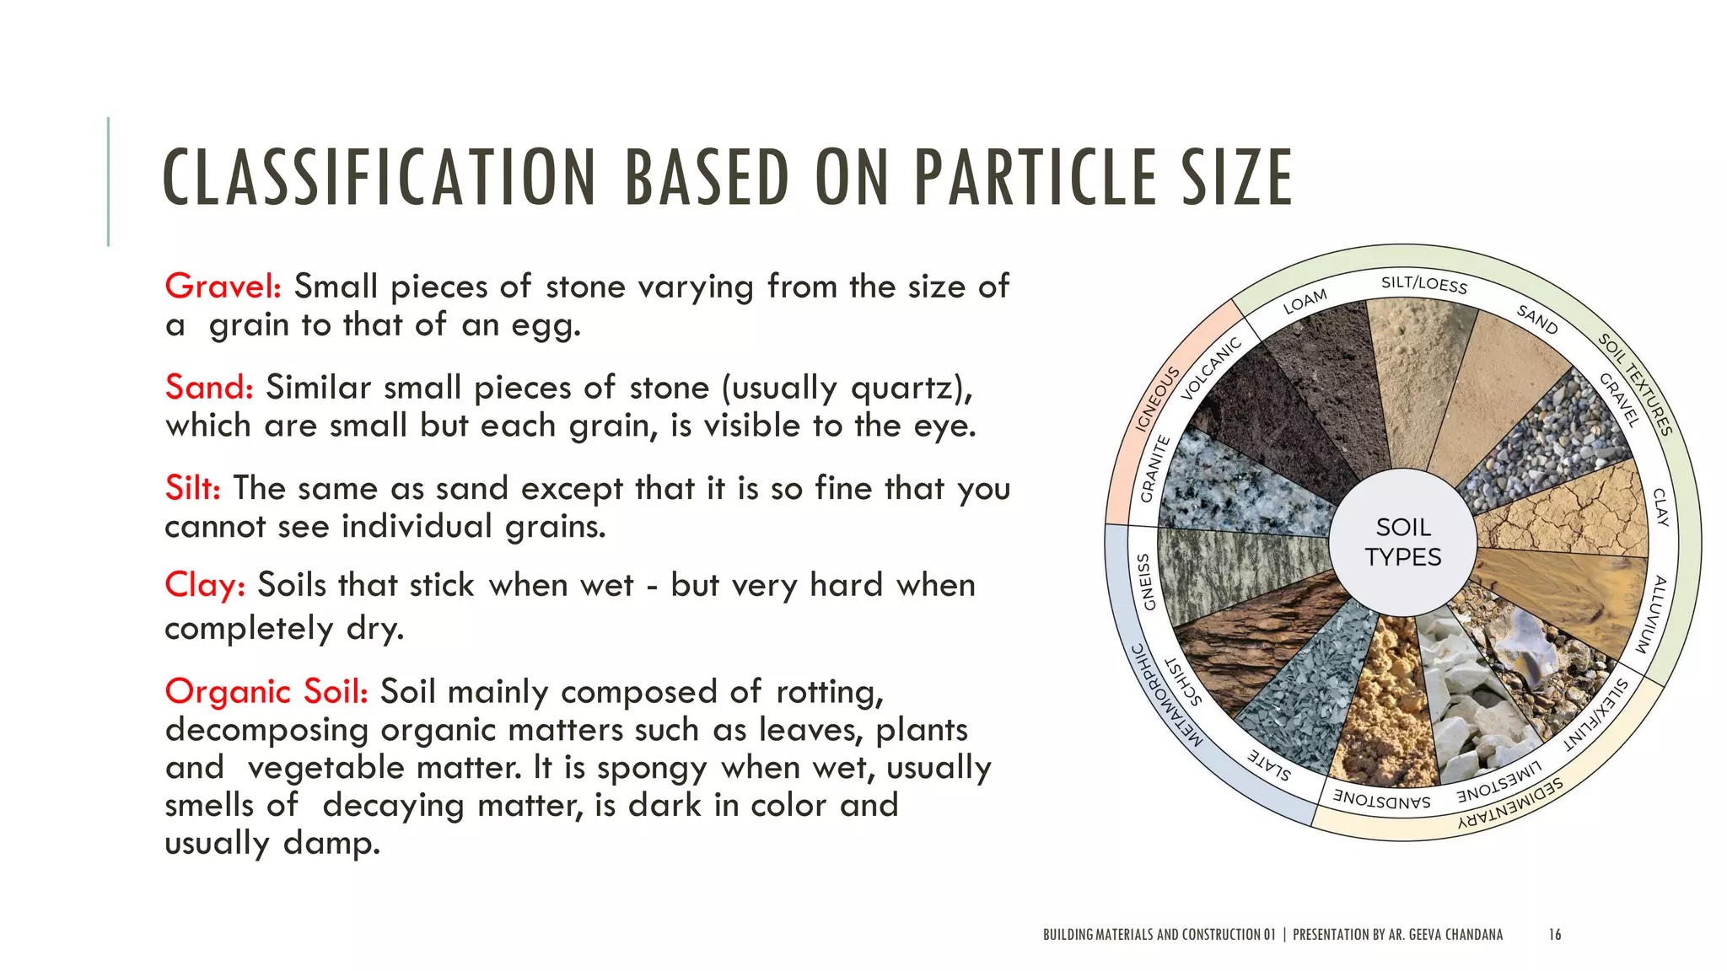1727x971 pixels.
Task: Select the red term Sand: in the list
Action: (209, 388)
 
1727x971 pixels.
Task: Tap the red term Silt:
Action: (192, 489)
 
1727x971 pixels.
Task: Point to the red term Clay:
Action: (205, 585)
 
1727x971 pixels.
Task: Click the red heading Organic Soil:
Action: (266, 692)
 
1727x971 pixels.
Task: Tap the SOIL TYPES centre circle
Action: (1403, 542)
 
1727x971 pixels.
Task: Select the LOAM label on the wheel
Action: (1305, 301)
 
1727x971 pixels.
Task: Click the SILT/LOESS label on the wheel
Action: (1424, 284)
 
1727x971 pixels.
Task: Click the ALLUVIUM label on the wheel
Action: (1651, 614)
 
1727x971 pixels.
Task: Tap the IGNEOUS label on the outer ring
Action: (1156, 400)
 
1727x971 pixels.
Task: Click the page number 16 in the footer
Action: (1555, 935)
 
